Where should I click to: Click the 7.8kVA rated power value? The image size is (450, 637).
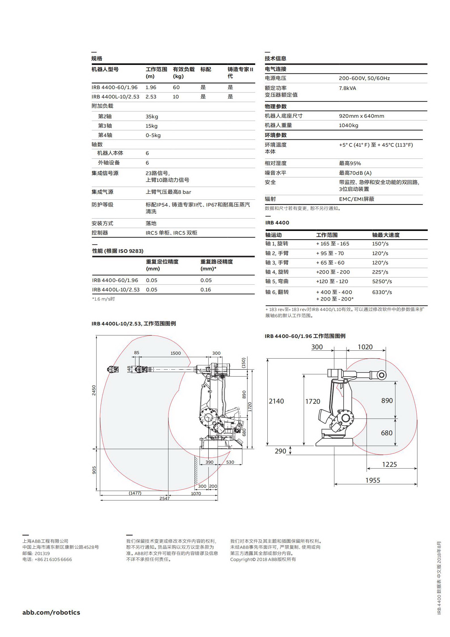(x=347, y=88)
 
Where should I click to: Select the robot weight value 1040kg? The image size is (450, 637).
(x=348, y=125)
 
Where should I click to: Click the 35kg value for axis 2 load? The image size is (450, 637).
(x=152, y=117)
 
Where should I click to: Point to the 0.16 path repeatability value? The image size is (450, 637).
(x=206, y=290)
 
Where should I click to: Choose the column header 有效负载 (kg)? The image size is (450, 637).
(x=184, y=73)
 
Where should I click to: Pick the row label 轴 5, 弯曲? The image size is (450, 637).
(x=277, y=281)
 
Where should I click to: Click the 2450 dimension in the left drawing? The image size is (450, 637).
(x=94, y=390)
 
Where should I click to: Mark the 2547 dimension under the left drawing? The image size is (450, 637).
(x=164, y=498)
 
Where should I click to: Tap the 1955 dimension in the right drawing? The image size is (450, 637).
(x=373, y=480)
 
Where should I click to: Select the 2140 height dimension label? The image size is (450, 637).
(x=276, y=401)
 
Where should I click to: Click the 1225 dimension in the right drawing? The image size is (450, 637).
(x=389, y=464)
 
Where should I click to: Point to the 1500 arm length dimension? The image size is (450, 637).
(x=176, y=353)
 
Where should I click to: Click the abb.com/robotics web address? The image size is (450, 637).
(x=51, y=612)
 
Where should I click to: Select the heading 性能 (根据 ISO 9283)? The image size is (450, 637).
(x=118, y=251)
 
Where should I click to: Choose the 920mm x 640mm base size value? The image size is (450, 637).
(x=362, y=116)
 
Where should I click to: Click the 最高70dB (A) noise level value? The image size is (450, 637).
(x=355, y=173)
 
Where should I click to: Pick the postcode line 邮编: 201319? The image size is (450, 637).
(x=36, y=553)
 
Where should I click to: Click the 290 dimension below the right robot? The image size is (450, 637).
(x=280, y=451)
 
